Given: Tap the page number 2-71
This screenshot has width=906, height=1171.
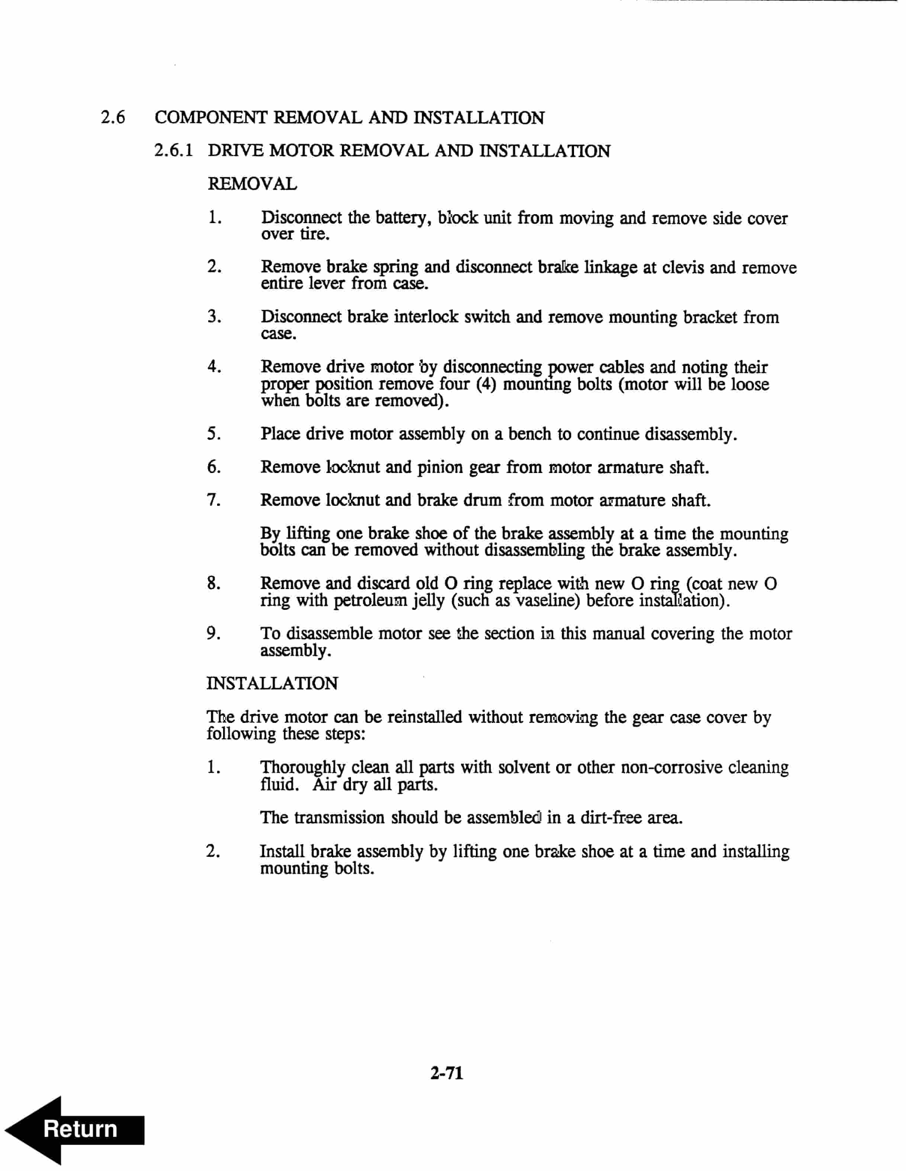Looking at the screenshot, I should point(446,1073).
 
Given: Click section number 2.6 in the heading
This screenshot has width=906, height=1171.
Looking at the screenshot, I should point(113,118).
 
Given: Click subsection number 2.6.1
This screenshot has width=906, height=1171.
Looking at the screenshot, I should point(173,151).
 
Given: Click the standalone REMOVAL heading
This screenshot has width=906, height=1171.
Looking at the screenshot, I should point(252,184).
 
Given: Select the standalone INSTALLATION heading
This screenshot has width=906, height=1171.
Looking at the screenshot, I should point(273,683).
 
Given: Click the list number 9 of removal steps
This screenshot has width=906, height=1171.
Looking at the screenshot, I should point(213,633).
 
